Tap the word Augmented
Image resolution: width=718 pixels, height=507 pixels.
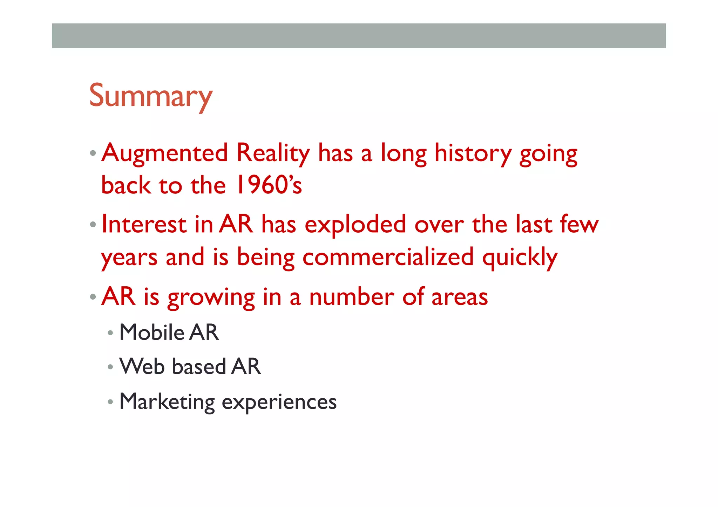165,153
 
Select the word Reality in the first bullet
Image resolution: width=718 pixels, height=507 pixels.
273,153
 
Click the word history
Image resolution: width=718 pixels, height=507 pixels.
473,153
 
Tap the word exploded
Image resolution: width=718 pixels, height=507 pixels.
355,225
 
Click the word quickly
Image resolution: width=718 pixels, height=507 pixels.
520,258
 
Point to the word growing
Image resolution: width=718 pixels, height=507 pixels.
211,297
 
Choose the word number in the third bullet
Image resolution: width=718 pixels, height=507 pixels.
351,297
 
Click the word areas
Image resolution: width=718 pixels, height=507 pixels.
459,297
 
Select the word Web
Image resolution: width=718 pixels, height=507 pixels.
142,366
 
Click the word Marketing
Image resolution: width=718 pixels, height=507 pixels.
167,402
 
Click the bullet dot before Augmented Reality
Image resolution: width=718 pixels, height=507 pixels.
93,153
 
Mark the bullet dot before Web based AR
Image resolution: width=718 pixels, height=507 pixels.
110,367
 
